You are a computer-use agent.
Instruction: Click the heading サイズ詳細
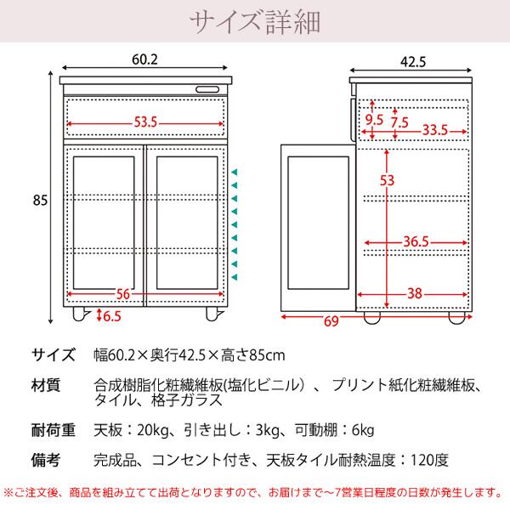254,20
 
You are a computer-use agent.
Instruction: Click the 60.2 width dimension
146,59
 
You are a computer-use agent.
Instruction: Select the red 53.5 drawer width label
145,122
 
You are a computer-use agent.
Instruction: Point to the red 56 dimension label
122,294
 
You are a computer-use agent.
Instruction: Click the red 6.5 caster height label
110,315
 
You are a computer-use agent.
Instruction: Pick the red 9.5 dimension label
374,120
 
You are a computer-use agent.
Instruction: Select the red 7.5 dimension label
399,122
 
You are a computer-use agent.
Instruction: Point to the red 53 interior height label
388,180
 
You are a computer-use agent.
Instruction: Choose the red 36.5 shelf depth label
416,242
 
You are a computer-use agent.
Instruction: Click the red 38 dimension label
415,294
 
